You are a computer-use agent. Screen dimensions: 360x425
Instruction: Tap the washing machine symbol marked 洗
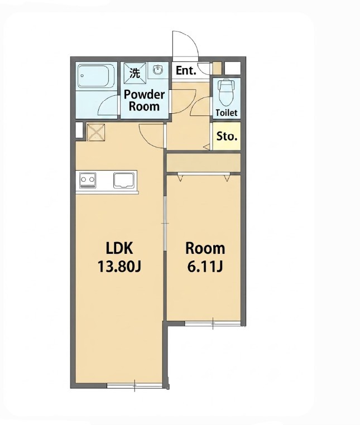click(135, 71)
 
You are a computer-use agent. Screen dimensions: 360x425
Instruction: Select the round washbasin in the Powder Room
click(158, 70)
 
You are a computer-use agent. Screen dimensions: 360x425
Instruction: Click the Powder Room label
click(144, 100)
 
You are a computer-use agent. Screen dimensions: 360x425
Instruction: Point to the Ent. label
click(186, 71)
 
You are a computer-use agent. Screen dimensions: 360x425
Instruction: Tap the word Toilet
click(227, 113)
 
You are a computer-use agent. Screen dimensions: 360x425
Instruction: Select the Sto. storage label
click(227, 136)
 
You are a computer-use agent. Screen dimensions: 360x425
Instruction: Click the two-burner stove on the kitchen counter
click(88, 180)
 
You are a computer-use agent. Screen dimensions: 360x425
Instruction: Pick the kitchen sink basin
click(124, 180)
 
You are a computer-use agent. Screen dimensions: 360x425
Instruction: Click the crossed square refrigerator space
click(95, 132)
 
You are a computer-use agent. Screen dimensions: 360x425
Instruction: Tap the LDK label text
click(119, 248)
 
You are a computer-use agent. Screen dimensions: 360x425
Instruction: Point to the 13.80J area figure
click(119, 267)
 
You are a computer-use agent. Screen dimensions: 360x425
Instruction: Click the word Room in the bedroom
click(205, 248)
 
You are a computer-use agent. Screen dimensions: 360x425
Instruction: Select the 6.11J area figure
click(205, 267)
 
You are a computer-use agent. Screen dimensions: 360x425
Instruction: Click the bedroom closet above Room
click(204, 162)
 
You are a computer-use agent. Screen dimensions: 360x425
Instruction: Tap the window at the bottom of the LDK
click(135, 386)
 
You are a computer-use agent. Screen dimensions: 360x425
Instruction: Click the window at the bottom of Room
click(213, 323)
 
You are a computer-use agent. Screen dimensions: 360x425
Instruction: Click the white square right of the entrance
click(233, 67)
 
